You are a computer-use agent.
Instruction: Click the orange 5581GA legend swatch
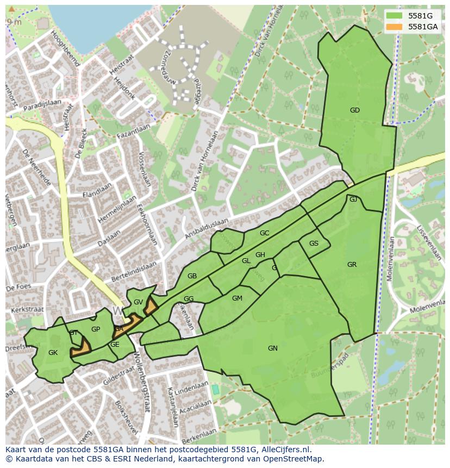tap(395, 27)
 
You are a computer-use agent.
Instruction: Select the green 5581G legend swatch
tap(395, 16)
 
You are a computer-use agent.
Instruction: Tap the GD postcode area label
tap(355, 110)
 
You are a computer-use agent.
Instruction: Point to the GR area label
tap(352, 265)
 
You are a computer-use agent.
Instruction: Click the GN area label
tap(273, 348)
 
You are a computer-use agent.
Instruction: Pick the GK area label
tap(53, 353)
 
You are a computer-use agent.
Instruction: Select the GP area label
tap(96, 329)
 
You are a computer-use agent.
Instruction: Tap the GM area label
tap(237, 298)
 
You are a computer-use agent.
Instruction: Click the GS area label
tap(314, 244)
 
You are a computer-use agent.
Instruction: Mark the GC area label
tap(264, 233)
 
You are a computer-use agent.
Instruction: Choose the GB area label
tap(192, 276)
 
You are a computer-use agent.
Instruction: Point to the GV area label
tap(138, 302)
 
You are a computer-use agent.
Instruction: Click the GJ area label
tap(353, 199)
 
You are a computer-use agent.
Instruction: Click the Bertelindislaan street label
tap(134, 271)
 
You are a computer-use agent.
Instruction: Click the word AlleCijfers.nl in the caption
tap(284, 450)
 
